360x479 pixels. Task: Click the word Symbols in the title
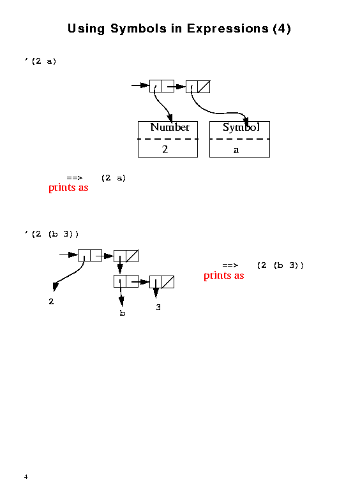tap(139, 29)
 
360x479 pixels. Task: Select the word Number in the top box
tap(170, 127)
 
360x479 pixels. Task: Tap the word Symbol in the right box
tap(241, 127)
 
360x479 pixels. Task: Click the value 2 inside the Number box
tap(165, 149)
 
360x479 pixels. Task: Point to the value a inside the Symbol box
tap(236, 150)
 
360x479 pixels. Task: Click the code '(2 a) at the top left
tap(41, 61)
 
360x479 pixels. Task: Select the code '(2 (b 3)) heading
tap(52, 234)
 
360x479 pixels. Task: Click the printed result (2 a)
tap(114, 178)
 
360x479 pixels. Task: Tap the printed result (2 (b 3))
tap(281, 265)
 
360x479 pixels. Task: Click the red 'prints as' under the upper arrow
tap(68, 188)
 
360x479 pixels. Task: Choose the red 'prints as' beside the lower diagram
tap(223, 276)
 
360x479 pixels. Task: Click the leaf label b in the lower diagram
tap(123, 313)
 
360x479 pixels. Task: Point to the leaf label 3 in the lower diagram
tap(158, 307)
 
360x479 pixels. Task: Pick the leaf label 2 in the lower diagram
tap(51, 302)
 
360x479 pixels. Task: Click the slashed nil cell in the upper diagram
tap(204, 87)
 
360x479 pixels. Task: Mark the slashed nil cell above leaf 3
tap(168, 282)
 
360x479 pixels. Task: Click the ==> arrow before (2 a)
tap(75, 178)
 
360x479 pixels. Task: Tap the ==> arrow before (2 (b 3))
tap(230, 265)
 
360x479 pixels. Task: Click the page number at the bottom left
tap(26, 476)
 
